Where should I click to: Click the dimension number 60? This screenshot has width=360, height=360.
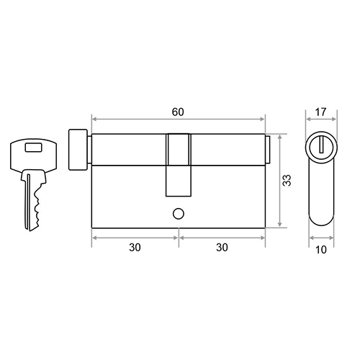[178, 112]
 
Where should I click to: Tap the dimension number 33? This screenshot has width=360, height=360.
[287, 180]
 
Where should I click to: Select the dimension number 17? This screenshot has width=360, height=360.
[320, 112]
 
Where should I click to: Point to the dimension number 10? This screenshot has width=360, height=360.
[321, 250]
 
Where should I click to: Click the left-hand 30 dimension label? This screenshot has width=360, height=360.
[135, 248]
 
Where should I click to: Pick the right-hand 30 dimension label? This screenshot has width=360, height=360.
[222, 248]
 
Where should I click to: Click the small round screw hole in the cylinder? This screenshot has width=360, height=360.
[179, 214]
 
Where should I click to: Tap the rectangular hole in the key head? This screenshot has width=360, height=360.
[34, 148]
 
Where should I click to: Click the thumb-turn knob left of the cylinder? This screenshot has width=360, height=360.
[78, 150]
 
